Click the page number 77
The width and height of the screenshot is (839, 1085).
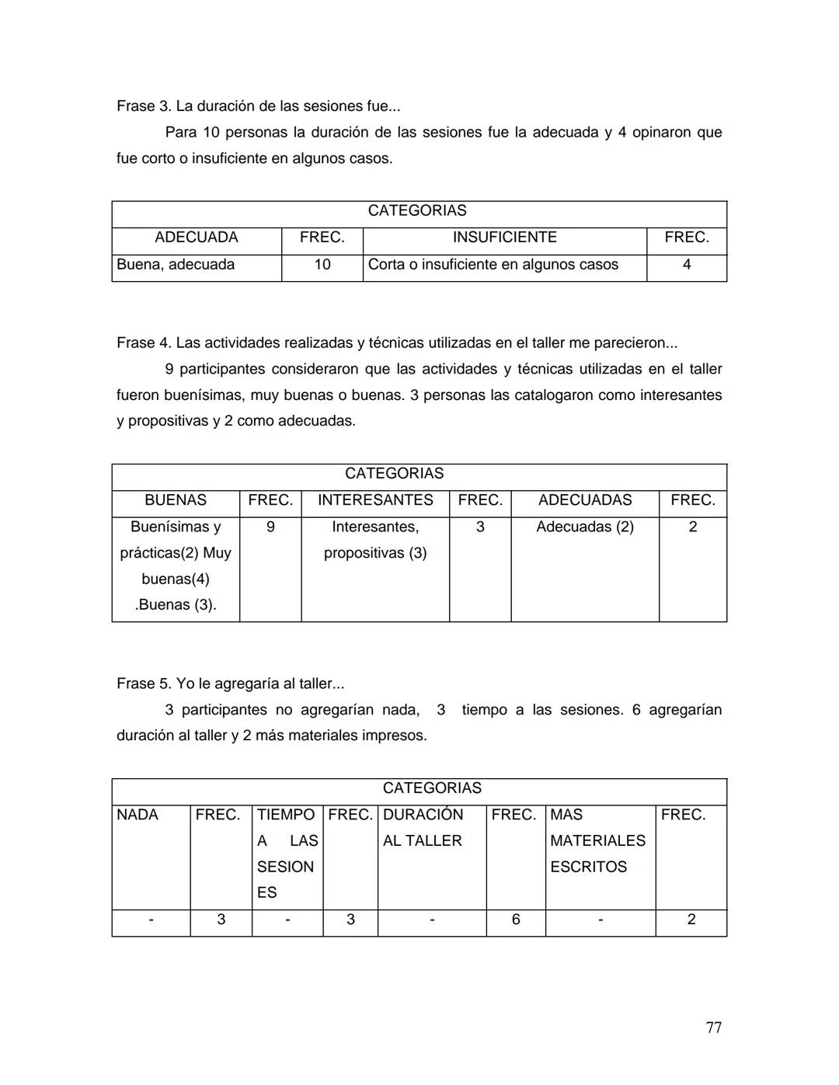(x=713, y=1028)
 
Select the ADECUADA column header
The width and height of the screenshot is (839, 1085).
(x=197, y=238)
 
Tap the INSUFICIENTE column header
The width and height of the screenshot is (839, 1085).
(x=504, y=238)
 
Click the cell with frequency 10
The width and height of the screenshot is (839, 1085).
(x=322, y=265)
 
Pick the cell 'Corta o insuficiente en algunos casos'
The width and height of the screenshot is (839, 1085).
(x=493, y=265)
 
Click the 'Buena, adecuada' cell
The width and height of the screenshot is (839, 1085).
(x=176, y=265)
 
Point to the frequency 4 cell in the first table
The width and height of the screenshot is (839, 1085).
(x=687, y=265)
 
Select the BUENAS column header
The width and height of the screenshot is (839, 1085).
(x=176, y=500)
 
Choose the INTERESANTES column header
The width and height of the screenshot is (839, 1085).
(x=375, y=500)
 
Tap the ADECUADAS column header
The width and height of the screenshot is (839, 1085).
(x=585, y=500)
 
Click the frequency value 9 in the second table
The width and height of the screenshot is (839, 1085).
(x=270, y=527)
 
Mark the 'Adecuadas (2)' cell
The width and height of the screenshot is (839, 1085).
(x=585, y=527)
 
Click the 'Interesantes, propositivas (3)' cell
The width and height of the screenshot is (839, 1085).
(x=375, y=540)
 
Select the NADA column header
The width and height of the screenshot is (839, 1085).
(x=138, y=815)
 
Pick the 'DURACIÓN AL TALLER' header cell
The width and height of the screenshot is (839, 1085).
(x=423, y=828)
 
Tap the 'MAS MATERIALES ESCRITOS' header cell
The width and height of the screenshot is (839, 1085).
(x=597, y=840)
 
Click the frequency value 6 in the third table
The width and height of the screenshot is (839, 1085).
(x=516, y=920)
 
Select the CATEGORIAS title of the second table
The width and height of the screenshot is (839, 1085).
(x=394, y=474)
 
